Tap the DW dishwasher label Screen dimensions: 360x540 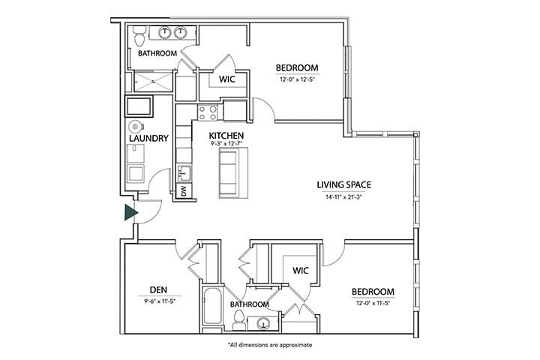(184, 192)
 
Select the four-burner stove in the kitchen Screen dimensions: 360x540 (208, 112)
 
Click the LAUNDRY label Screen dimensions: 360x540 (148, 139)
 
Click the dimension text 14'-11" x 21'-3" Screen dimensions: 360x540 (344, 198)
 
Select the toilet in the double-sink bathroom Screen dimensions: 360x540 (140, 35)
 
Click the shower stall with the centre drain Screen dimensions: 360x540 (152, 81)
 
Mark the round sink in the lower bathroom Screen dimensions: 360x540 (262, 323)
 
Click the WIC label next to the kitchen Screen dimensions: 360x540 (228, 79)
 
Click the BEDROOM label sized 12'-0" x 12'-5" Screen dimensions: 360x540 (297, 68)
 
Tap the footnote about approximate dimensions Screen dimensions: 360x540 (269, 345)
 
